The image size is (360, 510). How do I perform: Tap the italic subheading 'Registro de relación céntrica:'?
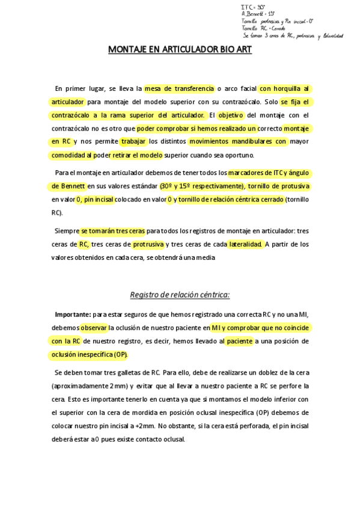click(x=180, y=295)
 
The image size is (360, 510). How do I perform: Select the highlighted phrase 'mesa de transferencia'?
click(x=179, y=88)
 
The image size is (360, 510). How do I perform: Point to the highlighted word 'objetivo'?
click(x=230, y=115)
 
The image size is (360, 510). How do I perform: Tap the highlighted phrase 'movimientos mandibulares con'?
click(x=237, y=142)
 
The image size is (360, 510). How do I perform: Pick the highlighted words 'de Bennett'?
click(x=68, y=186)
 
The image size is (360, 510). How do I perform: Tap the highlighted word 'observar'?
click(x=93, y=328)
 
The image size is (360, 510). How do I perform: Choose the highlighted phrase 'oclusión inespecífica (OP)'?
click(x=89, y=354)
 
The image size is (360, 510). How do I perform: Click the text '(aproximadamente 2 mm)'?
click(x=88, y=386)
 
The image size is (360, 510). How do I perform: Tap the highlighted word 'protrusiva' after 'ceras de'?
click(x=147, y=244)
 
